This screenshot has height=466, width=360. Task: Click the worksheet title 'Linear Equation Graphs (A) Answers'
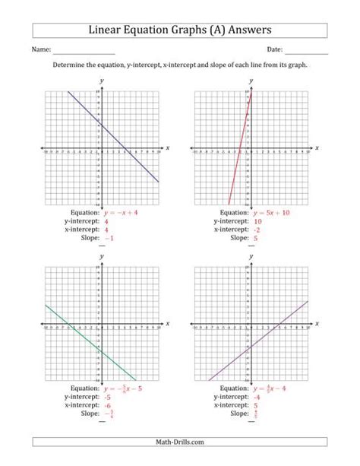click(x=180, y=30)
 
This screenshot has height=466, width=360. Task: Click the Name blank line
click(x=83, y=52)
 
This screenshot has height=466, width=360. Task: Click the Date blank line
click(x=307, y=52)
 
